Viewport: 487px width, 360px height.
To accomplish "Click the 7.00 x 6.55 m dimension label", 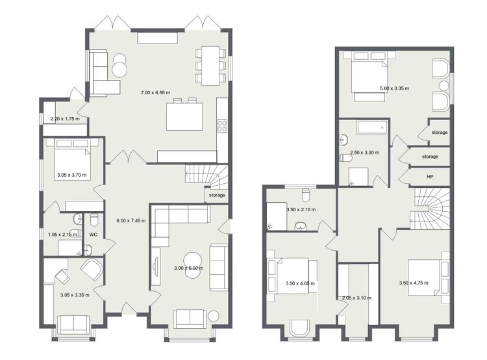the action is click(155, 93).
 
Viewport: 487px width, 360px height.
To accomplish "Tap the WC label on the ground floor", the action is click(93, 235).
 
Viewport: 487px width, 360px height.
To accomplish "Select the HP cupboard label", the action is click(430, 177).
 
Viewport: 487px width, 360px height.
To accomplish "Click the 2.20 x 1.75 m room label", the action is click(65, 119).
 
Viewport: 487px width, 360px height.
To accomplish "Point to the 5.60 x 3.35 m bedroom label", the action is click(394, 88).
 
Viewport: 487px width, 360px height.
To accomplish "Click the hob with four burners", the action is click(222, 126).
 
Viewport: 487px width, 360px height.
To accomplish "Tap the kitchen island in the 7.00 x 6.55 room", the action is click(184, 116).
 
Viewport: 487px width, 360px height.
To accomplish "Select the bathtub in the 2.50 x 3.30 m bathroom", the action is click(373, 128).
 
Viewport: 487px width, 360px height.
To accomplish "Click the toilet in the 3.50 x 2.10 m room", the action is click(306, 195).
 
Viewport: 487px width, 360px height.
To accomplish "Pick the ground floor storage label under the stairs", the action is click(217, 195).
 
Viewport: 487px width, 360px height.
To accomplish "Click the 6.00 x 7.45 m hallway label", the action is click(131, 221).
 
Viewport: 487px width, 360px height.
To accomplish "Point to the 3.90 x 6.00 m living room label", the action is click(189, 268).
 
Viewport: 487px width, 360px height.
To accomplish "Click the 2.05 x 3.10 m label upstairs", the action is click(356, 298).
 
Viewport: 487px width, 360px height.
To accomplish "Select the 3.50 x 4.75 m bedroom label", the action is click(414, 283).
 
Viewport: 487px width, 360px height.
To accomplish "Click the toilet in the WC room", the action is click(94, 220).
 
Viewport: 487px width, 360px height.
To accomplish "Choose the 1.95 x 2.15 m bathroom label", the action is click(63, 235).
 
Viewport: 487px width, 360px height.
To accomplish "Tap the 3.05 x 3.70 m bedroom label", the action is click(72, 175).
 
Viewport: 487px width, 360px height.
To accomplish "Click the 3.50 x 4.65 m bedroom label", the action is click(300, 283).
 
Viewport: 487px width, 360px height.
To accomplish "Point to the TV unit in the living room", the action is click(156, 266).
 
